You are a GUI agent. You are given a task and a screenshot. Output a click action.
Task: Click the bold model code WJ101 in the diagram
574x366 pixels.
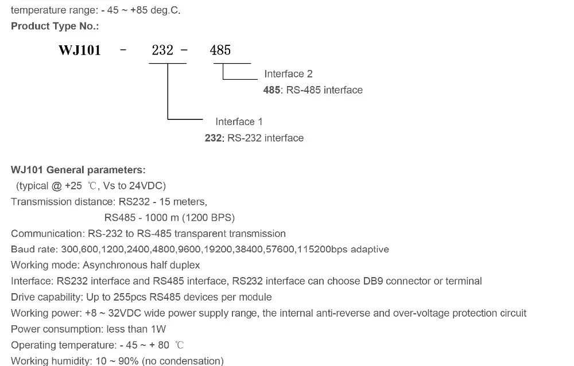coord(79,50)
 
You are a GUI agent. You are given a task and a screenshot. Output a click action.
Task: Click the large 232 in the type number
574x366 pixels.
coord(162,50)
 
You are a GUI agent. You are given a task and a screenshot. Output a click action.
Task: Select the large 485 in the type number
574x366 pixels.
coord(220,50)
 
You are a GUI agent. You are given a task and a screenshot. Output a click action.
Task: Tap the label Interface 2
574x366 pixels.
coord(289,74)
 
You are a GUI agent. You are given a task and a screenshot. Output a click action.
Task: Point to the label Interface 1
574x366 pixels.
coord(239,122)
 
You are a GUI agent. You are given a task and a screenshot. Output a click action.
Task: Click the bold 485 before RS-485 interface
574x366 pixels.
coord(272,90)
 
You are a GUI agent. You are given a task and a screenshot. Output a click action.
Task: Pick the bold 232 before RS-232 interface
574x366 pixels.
coord(213,138)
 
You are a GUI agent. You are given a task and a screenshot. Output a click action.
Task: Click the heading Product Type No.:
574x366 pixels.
coord(55,26)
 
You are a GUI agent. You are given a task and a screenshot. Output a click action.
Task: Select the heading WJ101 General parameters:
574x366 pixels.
coord(78,170)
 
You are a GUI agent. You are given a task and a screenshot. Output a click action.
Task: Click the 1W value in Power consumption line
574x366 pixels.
coord(158,329)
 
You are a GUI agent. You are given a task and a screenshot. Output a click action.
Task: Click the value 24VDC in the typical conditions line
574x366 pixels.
coord(147,186)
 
